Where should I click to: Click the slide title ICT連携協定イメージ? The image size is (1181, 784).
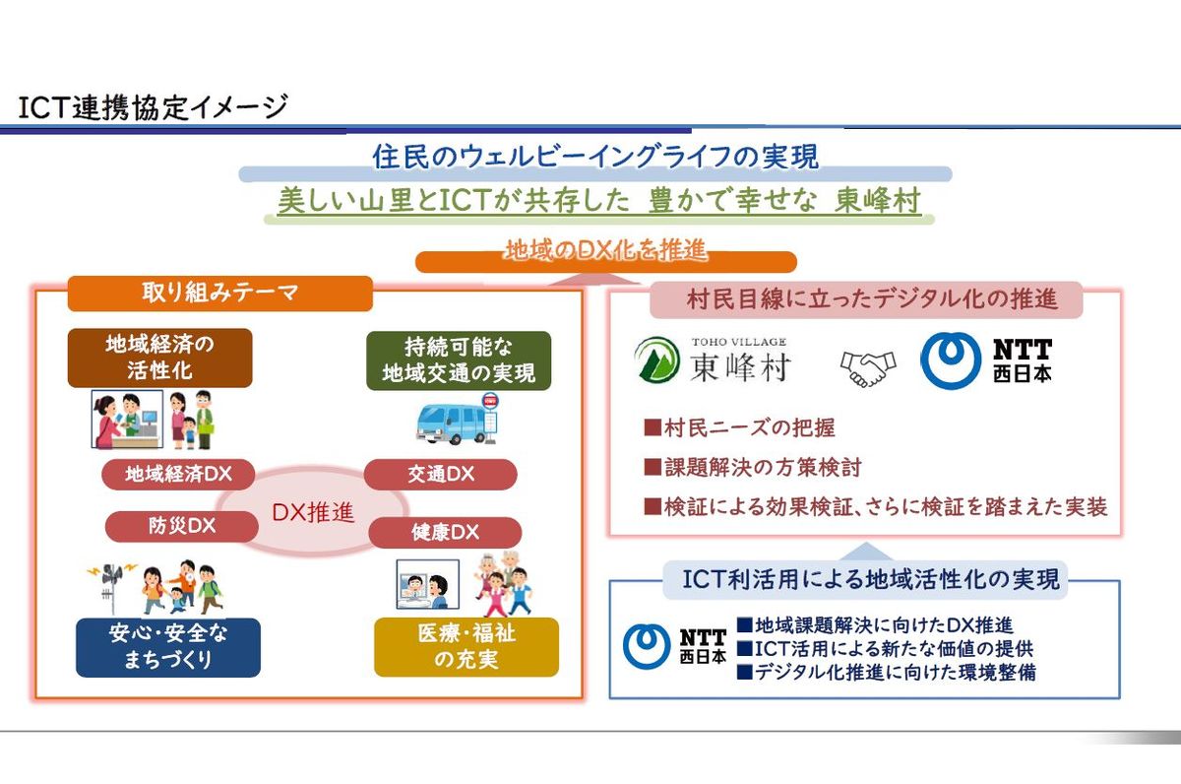[x=153, y=107]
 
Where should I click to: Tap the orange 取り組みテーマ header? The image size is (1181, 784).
[x=219, y=293]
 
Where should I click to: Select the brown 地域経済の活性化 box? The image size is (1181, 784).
[x=159, y=358]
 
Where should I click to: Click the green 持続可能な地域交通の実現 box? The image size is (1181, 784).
[x=459, y=360]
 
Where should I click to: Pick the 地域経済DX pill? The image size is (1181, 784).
[x=178, y=474]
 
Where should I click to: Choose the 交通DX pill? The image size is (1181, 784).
[x=441, y=474]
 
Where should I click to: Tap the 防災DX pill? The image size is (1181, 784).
[x=182, y=526]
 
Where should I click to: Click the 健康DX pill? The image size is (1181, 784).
[x=445, y=532]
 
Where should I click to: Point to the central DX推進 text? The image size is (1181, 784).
[x=313, y=512]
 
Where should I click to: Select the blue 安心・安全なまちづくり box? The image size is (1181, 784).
[x=168, y=647]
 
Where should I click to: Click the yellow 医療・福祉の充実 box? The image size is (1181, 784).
[x=466, y=647]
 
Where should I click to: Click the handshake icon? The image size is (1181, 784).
[x=868, y=367]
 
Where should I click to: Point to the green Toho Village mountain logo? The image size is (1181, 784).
[x=657, y=359]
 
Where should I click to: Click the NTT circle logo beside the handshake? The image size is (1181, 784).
[x=950, y=360]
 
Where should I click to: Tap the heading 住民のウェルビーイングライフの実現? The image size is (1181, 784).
[x=595, y=157]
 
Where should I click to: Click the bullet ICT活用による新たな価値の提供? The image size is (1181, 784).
[x=886, y=648]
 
